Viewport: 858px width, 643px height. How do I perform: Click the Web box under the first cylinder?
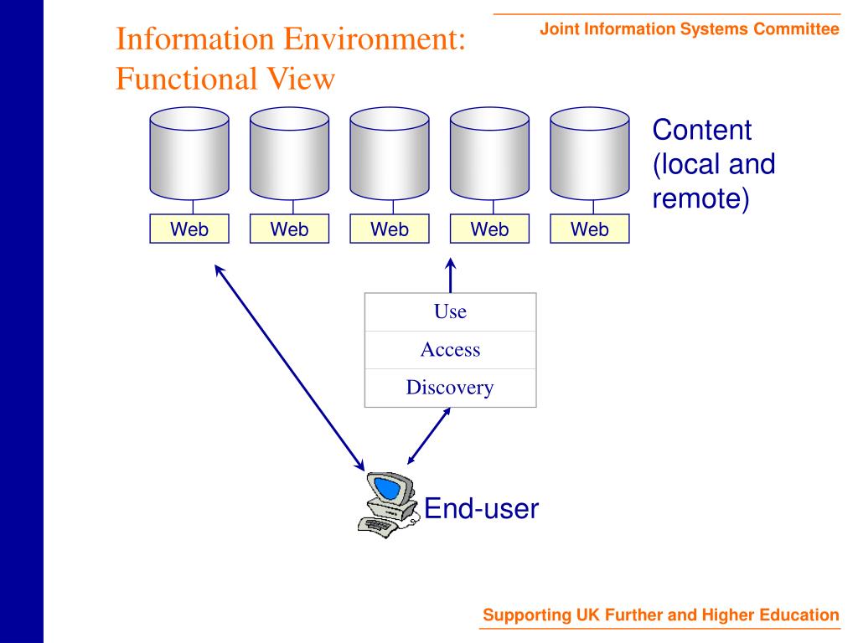pyautogui.click(x=189, y=229)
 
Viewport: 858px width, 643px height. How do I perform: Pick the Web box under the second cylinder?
pyautogui.click(x=289, y=229)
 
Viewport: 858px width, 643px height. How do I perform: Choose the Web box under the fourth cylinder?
pyautogui.click(x=489, y=229)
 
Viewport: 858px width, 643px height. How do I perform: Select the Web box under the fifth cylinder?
pyautogui.click(x=590, y=229)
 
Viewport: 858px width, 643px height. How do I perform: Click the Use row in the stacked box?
pyautogui.click(x=450, y=312)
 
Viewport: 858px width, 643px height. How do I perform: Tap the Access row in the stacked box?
pyautogui.click(x=450, y=350)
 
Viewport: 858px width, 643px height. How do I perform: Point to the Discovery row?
pyautogui.click(x=450, y=388)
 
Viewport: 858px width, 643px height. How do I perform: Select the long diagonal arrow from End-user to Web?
pyautogui.click(x=290, y=367)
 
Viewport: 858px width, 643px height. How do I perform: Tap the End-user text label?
pyautogui.click(x=480, y=508)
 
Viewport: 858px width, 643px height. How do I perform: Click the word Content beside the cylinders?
pyautogui.click(x=702, y=131)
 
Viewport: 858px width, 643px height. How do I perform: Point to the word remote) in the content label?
pyautogui.click(x=700, y=199)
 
